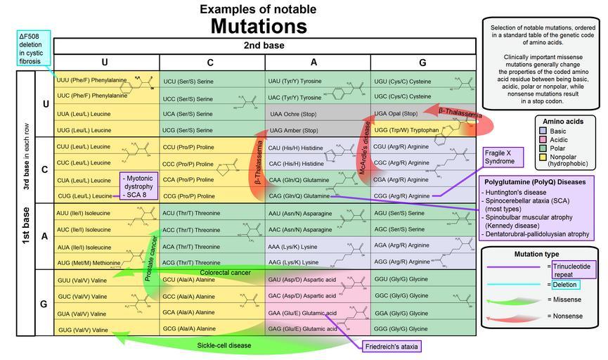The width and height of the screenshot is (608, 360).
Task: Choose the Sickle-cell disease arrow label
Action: point(224,345)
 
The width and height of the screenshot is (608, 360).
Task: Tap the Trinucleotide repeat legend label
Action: point(574,270)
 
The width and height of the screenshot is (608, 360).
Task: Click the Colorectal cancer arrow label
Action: point(225,272)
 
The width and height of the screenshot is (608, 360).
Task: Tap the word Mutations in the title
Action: point(258,26)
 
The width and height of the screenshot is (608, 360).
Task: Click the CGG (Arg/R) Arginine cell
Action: point(401,195)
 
